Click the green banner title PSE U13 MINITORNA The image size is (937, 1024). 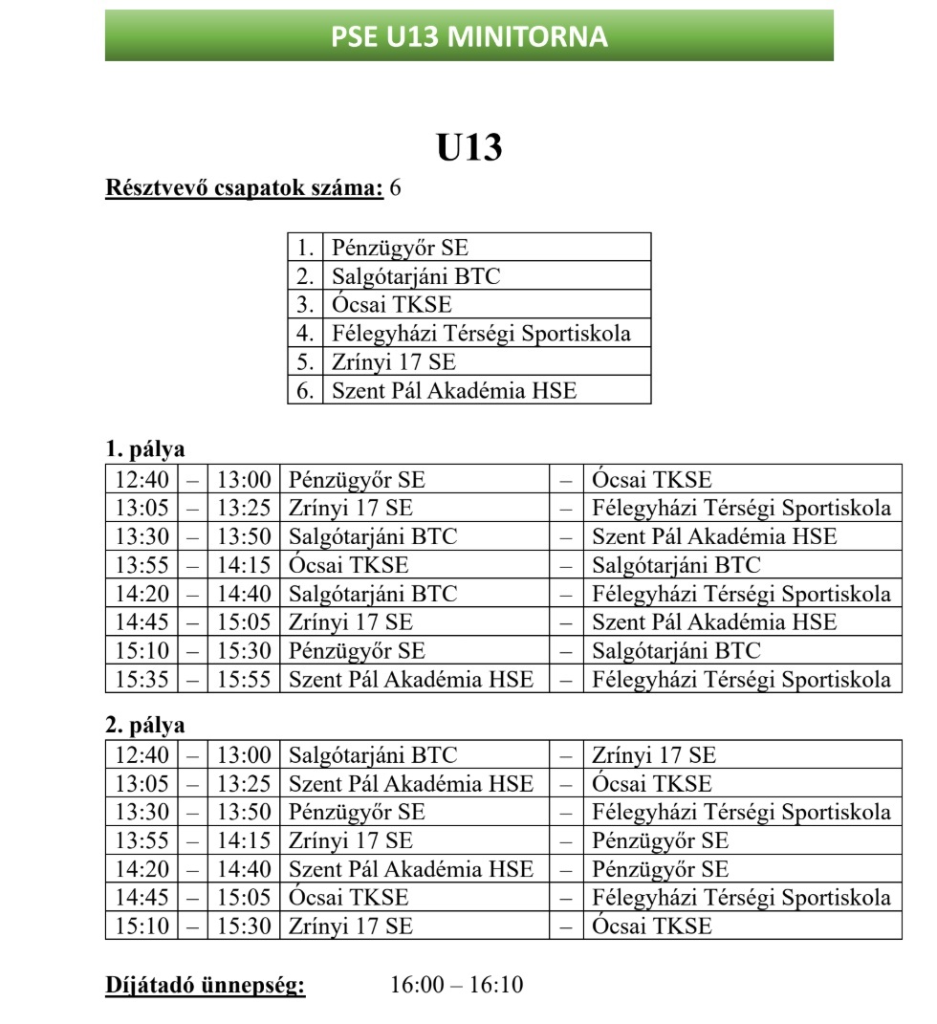[x=468, y=36]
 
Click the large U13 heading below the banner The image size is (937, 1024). [x=468, y=148]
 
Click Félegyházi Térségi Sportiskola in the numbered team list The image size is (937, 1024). [x=481, y=334]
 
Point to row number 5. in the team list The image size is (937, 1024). [x=305, y=362]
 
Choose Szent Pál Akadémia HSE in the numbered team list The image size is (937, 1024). [x=454, y=390]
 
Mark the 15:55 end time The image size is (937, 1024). [x=244, y=680]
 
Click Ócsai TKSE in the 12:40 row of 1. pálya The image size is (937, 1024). [x=652, y=479]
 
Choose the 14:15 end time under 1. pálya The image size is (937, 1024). [x=244, y=565]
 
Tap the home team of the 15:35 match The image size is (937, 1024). [x=410, y=680]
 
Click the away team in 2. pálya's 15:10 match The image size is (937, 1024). [x=652, y=926]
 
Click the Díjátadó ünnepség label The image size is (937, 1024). [x=205, y=984]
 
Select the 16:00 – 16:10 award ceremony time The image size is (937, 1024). [x=456, y=984]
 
